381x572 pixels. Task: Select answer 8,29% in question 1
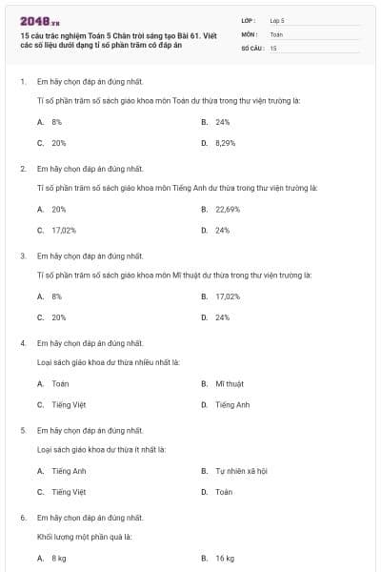[x=225, y=143]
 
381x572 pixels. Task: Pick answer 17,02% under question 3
[x=228, y=296]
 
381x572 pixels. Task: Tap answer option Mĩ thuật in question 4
[x=230, y=383]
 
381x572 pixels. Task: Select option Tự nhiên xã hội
[x=241, y=471]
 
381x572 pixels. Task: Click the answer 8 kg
[x=59, y=558]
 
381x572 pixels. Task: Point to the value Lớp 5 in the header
[x=277, y=19]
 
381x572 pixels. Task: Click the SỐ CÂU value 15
[x=273, y=48]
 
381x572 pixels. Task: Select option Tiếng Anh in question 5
[x=69, y=471]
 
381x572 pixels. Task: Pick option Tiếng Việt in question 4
[x=69, y=404]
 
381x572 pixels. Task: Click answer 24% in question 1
[x=223, y=122]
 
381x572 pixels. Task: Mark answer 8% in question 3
[x=57, y=296]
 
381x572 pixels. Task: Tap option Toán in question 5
[x=224, y=492]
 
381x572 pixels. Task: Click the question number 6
[x=22, y=518]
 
